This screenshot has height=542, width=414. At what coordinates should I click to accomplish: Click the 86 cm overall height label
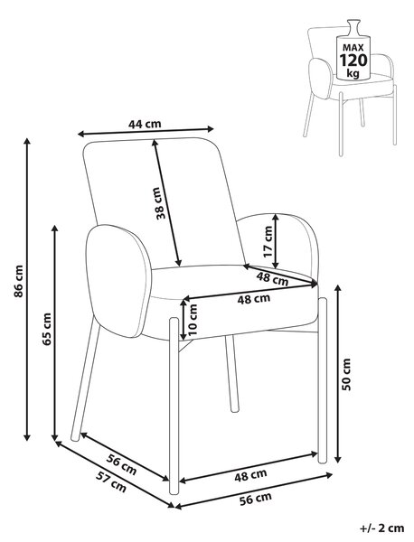18,281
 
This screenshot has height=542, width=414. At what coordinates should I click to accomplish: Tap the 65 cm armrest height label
46,329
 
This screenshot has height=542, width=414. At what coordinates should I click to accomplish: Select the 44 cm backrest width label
145,124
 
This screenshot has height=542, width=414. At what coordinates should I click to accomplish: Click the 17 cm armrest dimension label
268,241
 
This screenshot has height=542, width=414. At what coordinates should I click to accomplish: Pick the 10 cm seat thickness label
193,320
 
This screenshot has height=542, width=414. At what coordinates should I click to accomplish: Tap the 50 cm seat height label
346,374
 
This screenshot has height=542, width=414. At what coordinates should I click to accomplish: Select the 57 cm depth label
111,481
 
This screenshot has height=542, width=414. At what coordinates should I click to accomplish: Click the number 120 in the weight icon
353,61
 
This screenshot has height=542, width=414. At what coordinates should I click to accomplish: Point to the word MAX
353,47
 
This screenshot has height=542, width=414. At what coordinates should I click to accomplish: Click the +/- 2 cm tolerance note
381,528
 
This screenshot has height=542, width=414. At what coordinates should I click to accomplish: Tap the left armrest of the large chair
118,281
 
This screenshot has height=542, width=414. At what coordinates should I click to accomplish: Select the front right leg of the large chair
323,379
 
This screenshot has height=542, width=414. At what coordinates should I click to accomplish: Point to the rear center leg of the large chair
232,373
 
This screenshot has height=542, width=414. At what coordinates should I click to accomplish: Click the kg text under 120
353,73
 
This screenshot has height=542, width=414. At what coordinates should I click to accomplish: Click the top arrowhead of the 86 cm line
27,142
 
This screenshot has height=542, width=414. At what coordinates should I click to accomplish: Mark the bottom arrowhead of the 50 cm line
338,459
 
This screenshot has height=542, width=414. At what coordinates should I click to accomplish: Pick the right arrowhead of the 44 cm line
210,129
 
